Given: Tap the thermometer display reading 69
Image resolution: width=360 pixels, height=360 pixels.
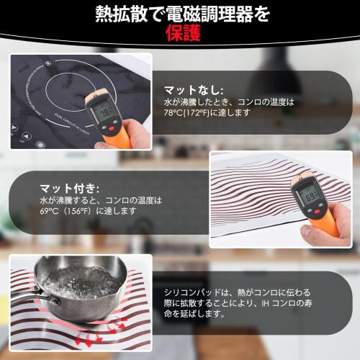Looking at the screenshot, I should [309, 192].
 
